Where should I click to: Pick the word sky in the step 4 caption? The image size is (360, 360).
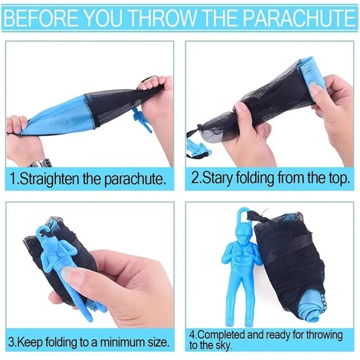(x=223, y=346)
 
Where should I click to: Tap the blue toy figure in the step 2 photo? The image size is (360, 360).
(x=197, y=147)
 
